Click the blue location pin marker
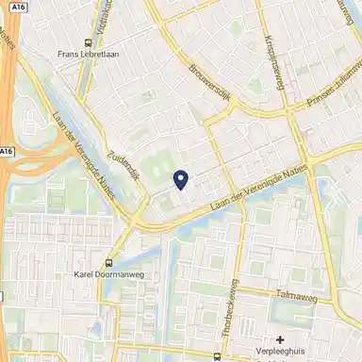181,177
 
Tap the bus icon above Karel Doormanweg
110,262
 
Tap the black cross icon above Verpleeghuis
280,339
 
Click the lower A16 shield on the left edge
7,152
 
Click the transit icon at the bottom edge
219,357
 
